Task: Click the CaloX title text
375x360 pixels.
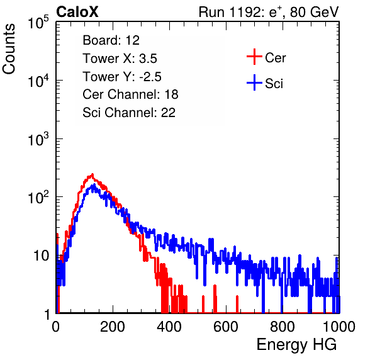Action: (x=77, y=12)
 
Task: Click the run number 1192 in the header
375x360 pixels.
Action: (x=246, y=12)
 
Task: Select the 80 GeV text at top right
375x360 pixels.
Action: (x=314, y=12)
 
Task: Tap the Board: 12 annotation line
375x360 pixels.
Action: (x=111, y=40)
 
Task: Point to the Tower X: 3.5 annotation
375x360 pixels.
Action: (x=120, y=59)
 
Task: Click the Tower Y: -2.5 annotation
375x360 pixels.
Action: (x=122, y=77)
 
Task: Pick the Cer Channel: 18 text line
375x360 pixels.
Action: (x=130, y=94)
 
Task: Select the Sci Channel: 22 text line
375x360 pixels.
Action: (x=129, y=113)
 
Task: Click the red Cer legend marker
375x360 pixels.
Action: (x=254, y=57)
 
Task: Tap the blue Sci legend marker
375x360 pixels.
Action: (x=254, y=82)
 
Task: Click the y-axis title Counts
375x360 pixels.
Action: (x=9, y=49)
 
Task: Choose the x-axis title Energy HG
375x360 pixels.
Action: (x=296, y=344)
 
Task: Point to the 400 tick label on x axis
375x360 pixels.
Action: (x=169, y=327)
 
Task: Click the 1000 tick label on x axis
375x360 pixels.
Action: (x=339, y=327)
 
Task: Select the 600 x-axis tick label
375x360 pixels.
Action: (x=226, y=327)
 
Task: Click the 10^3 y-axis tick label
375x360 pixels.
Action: (x=38, y=139)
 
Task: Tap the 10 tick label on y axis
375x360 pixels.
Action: (x=41, y=256)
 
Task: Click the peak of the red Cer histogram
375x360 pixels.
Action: (x=92, y=174)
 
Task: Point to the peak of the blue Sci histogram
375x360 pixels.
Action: (x=94, y=184)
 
